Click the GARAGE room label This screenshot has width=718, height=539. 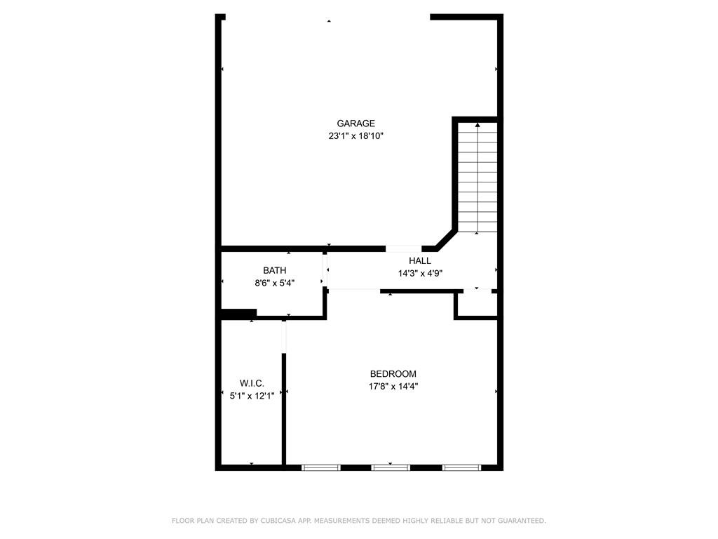pos(355,124)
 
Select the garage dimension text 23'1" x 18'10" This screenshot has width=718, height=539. pos(355,136)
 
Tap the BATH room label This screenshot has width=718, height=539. pos(274,270)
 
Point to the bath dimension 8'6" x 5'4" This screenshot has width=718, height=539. pos(274,284)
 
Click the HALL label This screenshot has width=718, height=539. pos(420,261)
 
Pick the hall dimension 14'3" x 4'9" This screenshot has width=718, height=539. pos(420,274)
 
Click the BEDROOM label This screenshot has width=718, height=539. pos(393,374)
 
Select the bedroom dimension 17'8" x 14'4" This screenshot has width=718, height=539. pos(393,387)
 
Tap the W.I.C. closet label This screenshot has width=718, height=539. pos(252,383)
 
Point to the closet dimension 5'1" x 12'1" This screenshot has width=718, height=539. pos(252,396)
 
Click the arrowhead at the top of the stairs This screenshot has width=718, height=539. pos(477,125)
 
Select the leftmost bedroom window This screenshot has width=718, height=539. pos(321,467)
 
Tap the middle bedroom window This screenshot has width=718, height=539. pos(390,467)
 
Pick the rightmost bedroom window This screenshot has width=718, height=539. pos(461,467)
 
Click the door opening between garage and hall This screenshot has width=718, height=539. pos(403,249)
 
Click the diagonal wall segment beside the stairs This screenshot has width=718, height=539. pos(446,240)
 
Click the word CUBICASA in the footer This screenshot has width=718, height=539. pos(278,521)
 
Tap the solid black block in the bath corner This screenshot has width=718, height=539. pos(238,314)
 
